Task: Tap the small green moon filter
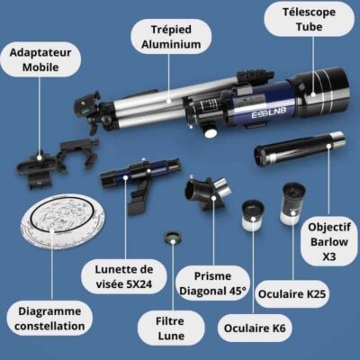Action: point(167,238)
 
